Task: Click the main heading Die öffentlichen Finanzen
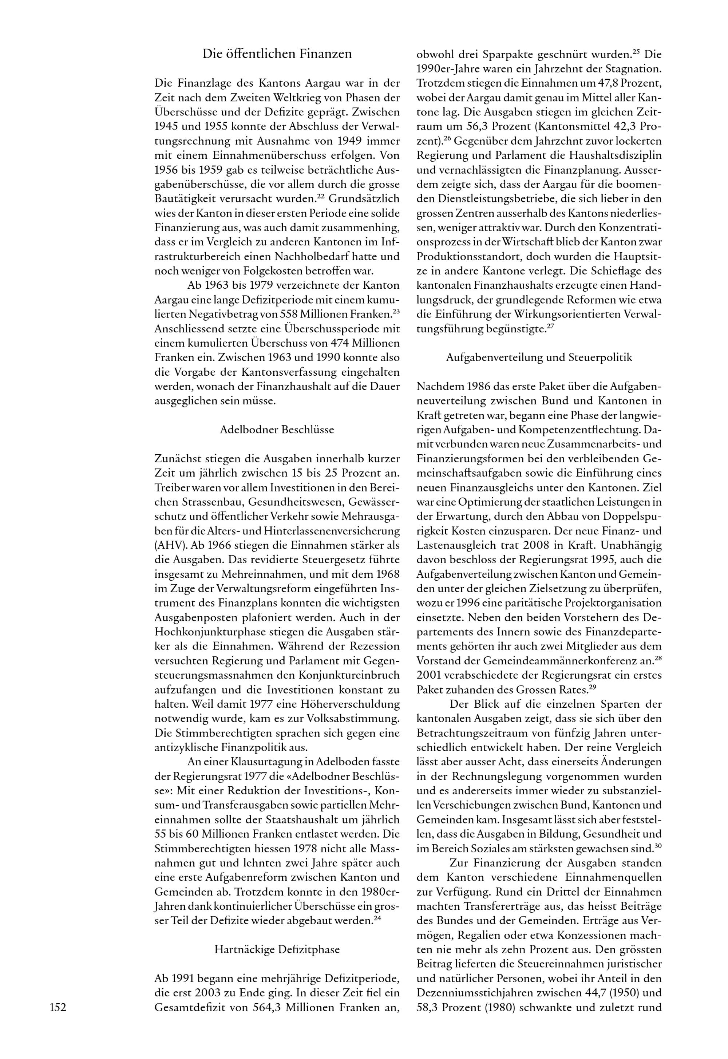click(277, 54)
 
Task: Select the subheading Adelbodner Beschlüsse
click(277, 430)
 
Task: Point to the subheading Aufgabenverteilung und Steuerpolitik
click(539, 357)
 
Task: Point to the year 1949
click(339, 141)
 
